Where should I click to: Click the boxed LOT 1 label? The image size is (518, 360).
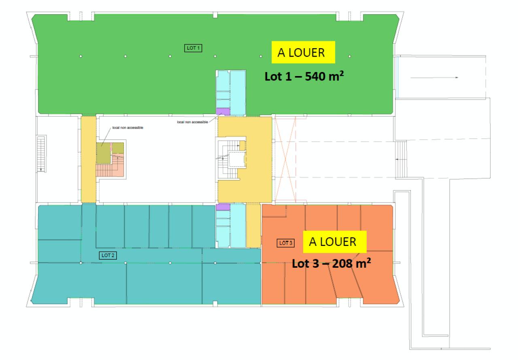point(193,48)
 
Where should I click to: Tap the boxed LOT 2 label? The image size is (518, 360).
point(108,255)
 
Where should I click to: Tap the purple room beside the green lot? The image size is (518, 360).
point(223,111)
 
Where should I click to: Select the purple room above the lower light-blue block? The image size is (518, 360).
point(223,207)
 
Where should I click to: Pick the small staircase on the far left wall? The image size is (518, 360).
point(41,154)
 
